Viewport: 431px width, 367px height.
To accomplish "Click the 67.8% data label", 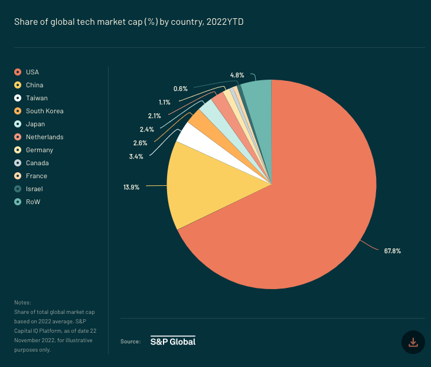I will coord(392,251).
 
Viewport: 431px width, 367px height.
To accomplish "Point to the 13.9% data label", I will coord(131,186).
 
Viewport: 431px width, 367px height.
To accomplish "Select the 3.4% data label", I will coord(136,156).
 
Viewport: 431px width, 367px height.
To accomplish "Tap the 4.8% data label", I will coord(237,75).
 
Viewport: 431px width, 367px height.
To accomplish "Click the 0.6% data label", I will coord(180,89).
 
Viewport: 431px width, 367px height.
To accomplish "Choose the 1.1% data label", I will coord(164,102).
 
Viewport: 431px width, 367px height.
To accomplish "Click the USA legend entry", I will coord(32,72).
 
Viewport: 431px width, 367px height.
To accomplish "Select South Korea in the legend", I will coord(44,111).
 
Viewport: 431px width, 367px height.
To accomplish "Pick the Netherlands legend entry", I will coord(44,137).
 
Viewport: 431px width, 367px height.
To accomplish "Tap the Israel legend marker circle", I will coord(18,189).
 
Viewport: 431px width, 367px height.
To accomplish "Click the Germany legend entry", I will coord(39,150).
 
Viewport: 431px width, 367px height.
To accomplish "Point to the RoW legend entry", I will coord(32,202).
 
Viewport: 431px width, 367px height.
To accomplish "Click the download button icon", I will coord(413,342).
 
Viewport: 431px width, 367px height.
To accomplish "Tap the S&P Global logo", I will coord(172,341).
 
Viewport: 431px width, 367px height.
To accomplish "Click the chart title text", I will coord(129,22).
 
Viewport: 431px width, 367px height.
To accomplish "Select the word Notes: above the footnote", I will coord(22,302).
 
